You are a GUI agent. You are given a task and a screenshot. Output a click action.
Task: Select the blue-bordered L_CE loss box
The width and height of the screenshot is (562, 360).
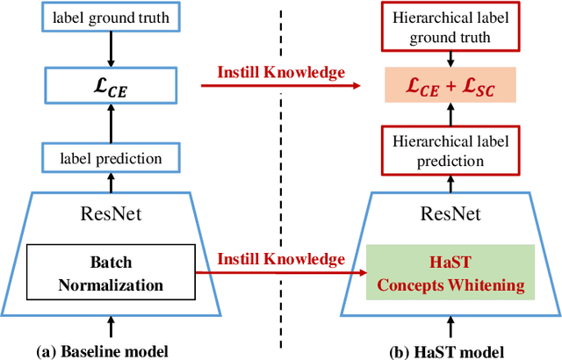(x=111, y=85)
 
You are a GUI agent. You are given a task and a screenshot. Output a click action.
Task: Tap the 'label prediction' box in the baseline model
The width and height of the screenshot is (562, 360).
(x=111, y=158)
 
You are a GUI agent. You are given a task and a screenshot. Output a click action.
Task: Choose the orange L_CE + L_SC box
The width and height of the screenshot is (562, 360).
(x=451, y=85)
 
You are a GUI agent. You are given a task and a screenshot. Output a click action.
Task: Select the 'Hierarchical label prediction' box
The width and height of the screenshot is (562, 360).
(x=451, y=151)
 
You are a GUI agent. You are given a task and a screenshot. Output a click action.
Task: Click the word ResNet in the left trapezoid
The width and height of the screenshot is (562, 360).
(x=111, y=213)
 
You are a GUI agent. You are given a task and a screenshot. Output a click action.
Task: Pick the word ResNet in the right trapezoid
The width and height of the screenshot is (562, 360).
(x=451, y=213)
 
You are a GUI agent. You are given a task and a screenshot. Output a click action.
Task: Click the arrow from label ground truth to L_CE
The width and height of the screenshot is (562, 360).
(x=111, y=53)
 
